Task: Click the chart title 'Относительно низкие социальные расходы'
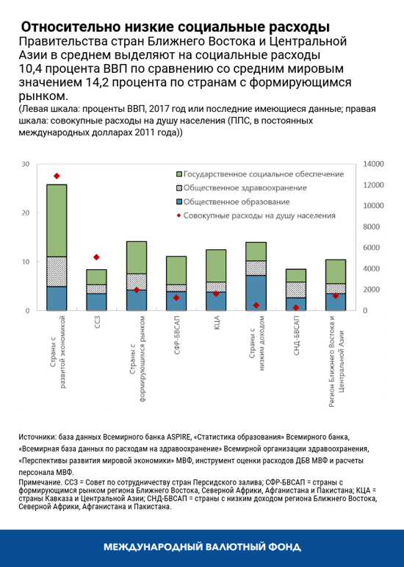click(x=175, y=27)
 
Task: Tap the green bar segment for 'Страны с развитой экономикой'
click(x=57, y=220)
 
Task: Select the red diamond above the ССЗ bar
click(x=96, y=257)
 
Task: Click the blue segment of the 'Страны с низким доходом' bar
click(x=256, y=293)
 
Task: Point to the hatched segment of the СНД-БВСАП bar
click(x=295, y=290)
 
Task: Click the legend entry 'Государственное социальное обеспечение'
click(x=263, y=174)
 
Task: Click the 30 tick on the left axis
click(x=26, y=164)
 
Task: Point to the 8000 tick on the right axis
click(x=371, y=227)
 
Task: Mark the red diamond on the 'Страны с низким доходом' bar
click(x=256, y=305)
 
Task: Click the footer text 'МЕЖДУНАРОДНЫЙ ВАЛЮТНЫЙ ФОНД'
click(x=201, y=548)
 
